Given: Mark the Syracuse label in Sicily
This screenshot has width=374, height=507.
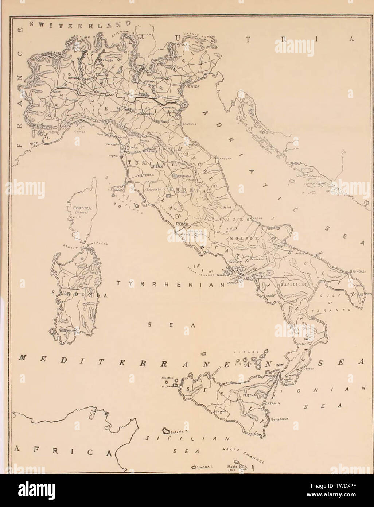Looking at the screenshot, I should (x=279, y=420).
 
